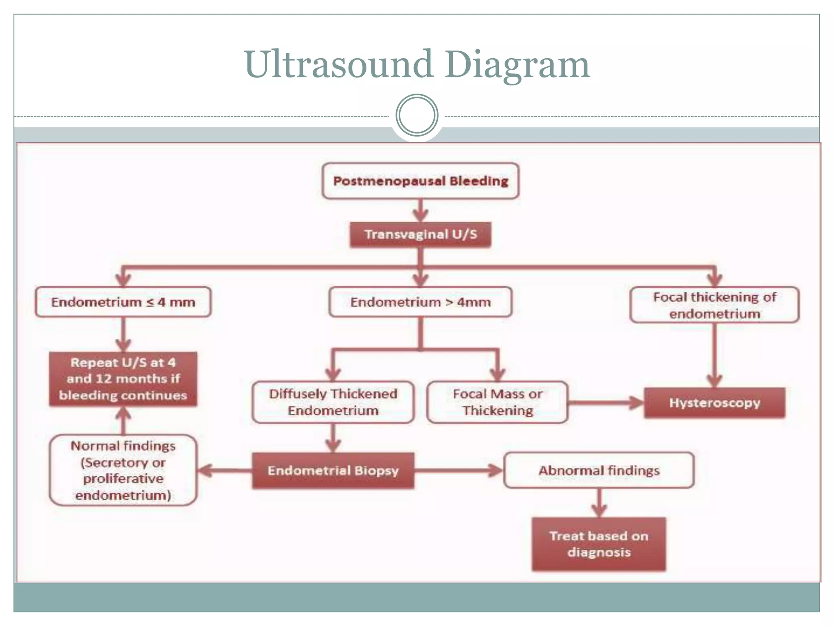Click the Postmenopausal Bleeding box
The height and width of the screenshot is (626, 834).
[420, 181]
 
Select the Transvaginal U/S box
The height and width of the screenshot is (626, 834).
[420, 234]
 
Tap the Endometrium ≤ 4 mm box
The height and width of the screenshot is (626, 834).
[123, 302]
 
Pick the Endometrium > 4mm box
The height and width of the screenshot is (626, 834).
[420, 302]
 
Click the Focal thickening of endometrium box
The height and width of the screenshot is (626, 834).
[714, 305]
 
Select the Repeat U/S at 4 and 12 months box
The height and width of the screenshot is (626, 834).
[123, 379]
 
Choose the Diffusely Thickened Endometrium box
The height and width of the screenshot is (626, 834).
[333, 402]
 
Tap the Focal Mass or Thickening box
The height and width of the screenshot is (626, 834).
[497, 402]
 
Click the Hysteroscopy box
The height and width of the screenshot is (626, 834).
[714, 403]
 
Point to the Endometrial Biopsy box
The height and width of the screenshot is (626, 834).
[333, 471]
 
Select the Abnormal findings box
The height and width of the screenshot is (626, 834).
[599, 470]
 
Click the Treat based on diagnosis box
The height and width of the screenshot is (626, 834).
[599, 544]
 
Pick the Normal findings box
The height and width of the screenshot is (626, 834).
[123, 470]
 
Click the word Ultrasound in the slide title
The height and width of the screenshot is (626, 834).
[338, 64]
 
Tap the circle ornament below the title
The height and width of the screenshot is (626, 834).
[417, 115]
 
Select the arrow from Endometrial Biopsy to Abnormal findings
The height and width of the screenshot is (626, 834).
[459, 471]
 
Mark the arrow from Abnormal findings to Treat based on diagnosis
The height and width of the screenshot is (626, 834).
[599, 502]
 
